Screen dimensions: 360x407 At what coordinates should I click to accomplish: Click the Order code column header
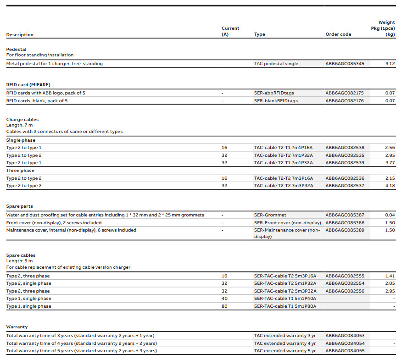[x=338, y=34]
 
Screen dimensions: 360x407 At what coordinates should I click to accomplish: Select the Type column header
[x=260, y=34]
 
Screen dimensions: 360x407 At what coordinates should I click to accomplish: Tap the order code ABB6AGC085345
[x=345, y=64]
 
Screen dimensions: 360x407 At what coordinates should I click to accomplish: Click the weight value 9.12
[x=390, y=64]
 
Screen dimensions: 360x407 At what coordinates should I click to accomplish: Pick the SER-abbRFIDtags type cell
[x=275, y=93]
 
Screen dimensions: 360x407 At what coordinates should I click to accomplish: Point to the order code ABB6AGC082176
[x=345, y=101]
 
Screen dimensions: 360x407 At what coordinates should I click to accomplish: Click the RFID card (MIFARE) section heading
[x=28, y=85]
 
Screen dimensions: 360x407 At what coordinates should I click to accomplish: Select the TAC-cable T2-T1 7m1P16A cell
[x=283, y=148]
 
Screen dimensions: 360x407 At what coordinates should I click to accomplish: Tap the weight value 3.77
[x=390, y=163]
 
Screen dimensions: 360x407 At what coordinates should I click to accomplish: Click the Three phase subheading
[x=20, y=171]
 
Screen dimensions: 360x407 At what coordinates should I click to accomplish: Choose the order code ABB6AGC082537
[x=345, y=186]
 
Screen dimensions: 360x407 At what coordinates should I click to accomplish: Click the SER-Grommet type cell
[x=270, y=215]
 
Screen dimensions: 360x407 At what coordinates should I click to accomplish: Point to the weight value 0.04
[x=390, y=215]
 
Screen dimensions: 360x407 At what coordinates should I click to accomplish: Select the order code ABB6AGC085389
[x=345, y=230]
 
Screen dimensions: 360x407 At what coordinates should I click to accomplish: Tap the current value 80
[x=224, y=306]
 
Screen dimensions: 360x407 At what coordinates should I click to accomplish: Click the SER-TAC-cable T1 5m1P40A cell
[x=285, y=299]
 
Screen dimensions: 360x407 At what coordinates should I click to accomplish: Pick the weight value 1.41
[x=390, y=276]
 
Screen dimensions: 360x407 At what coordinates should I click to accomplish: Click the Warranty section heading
[x=17, y=327]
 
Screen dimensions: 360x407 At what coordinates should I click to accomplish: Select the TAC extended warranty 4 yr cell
[x=285, y=343]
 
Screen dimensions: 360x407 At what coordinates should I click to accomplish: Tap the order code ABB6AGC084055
[x=345, y=351]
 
